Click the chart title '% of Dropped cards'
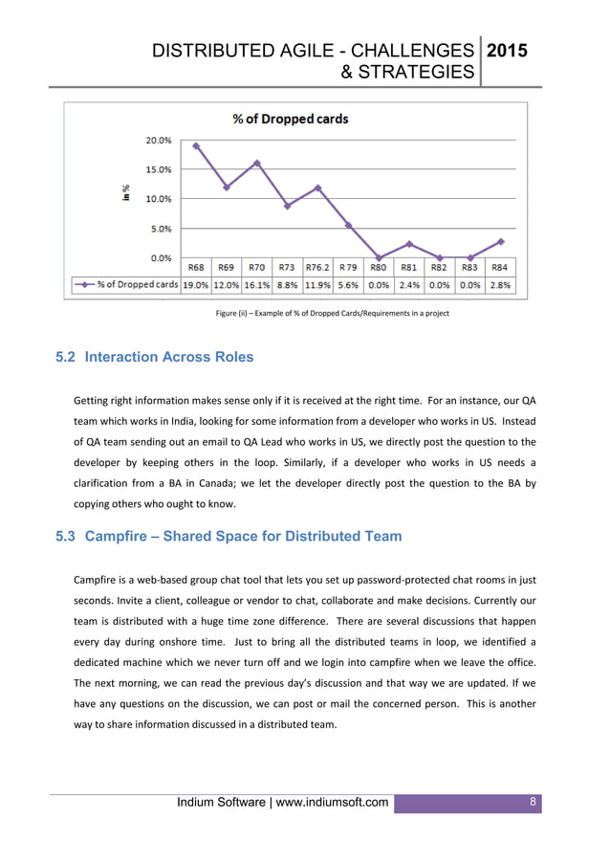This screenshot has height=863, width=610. pos(291,120)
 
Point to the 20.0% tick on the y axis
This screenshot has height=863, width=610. pos(159,140)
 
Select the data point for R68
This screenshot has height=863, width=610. pos(196,146)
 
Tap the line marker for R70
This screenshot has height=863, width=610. pos(256,163)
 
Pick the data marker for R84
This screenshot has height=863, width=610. pos(500,241)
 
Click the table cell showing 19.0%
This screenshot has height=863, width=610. pos(196,284)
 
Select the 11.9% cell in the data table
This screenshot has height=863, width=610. pos(317,284)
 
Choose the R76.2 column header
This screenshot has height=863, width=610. pos(317,268)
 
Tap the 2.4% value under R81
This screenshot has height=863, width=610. pos(409,284)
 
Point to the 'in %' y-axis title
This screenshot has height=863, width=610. pos(125,192)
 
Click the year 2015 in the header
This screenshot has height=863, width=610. pos(507,53)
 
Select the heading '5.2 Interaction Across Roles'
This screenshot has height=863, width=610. pos(155,357)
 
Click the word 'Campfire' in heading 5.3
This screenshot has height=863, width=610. pos(118,536)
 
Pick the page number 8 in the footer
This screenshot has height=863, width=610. pos(534,801)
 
